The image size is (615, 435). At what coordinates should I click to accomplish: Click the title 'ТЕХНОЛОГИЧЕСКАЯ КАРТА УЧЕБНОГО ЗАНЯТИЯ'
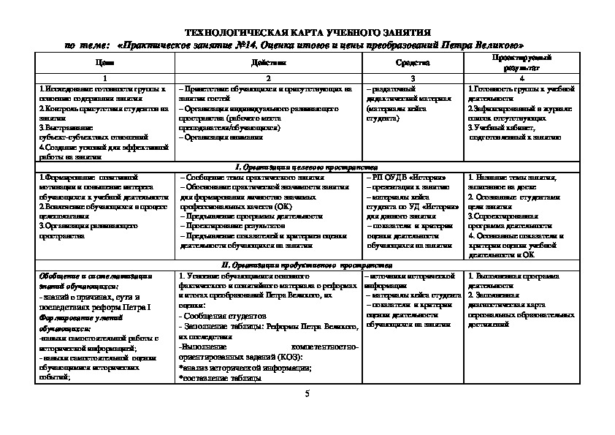tap(307, 33)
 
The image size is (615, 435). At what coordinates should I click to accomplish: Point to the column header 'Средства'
tap(412, 64)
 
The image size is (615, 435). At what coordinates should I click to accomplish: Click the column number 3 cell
tap(413, 77)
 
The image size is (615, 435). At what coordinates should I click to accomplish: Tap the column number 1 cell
tap(104, 77)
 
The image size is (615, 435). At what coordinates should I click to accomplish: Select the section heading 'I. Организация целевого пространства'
tap(307, 167)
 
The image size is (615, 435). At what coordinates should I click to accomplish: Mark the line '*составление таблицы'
tap(219, 377)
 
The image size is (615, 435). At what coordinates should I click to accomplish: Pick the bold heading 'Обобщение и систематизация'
tap(95, 276)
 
